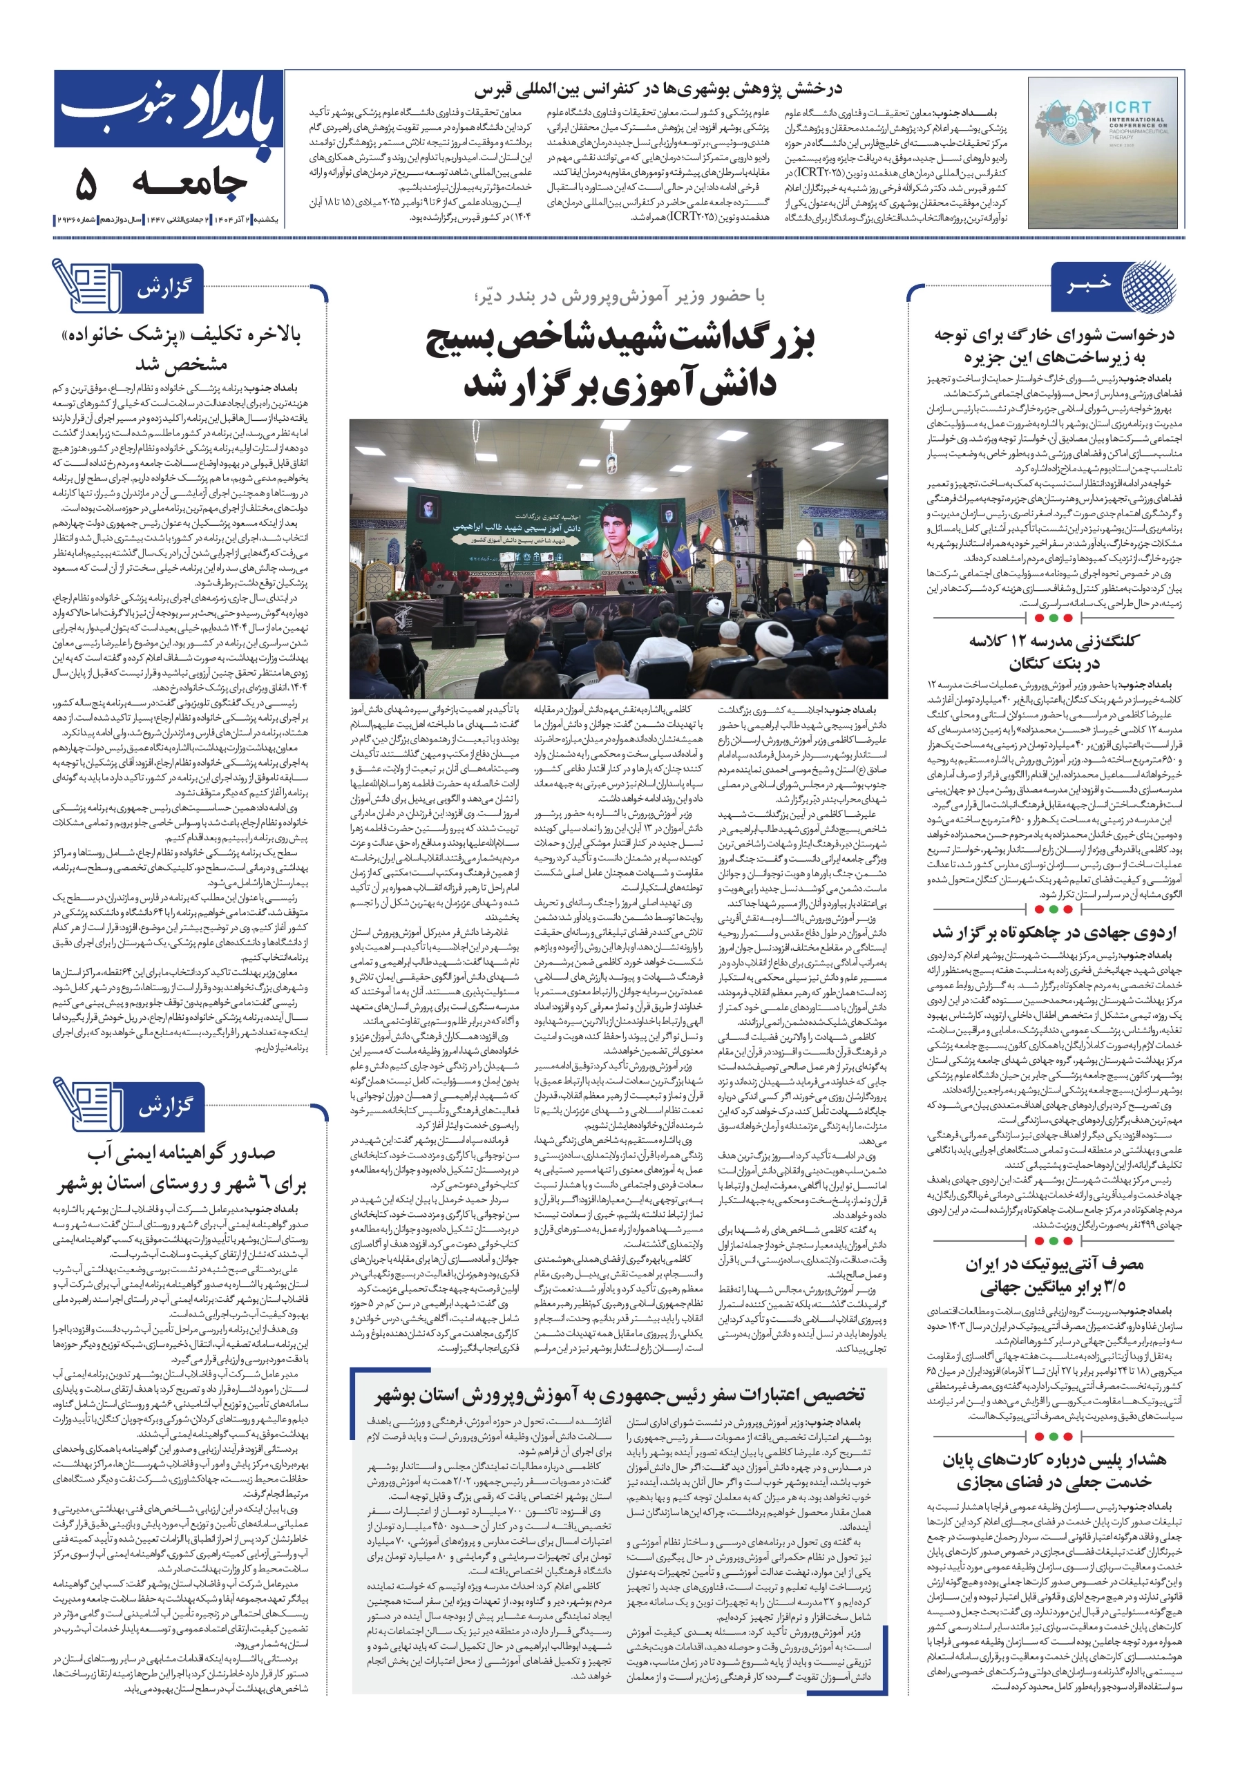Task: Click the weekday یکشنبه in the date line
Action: tap(267, 220)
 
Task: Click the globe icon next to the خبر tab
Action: tap(1149, 286)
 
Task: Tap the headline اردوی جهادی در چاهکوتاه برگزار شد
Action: tap(1054, 932)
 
